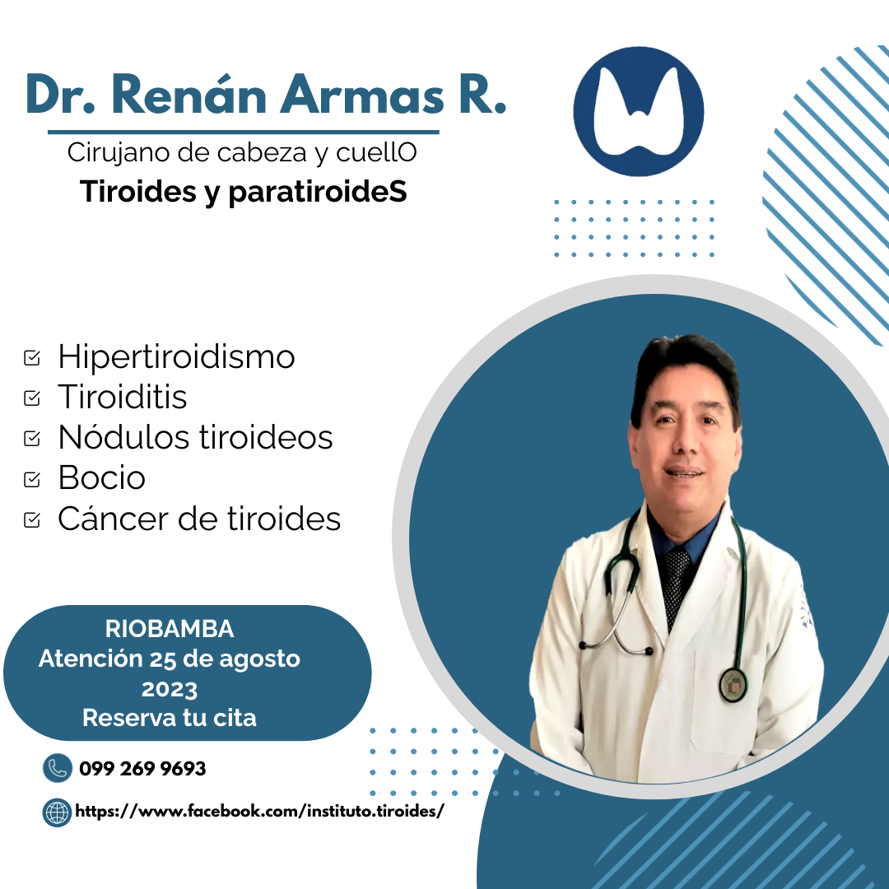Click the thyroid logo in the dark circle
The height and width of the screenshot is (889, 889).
(639, 111)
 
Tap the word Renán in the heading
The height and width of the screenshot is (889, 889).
(189, 95)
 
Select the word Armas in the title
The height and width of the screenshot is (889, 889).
(362, 95)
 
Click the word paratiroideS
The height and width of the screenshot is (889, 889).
(318, 192)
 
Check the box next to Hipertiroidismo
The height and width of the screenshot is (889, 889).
(32, 358)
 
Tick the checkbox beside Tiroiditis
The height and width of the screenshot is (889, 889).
(32, 398)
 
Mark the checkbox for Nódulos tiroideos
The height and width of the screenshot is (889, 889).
(32, 438)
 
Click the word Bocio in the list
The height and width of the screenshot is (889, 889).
(102, 478)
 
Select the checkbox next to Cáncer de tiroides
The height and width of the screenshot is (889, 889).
(32, 519)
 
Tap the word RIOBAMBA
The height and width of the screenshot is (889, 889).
(170, 629)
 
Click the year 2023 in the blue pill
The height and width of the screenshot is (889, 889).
(170, 690)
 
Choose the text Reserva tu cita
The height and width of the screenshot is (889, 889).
(170, 718)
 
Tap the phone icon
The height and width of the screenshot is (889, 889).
(58, 768)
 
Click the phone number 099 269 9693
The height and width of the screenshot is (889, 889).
(142, 769)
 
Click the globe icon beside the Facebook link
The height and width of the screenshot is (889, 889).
(58, 812)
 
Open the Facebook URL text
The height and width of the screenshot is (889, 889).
(259, 812)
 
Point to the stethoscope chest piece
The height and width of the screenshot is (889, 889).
(733, 685)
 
